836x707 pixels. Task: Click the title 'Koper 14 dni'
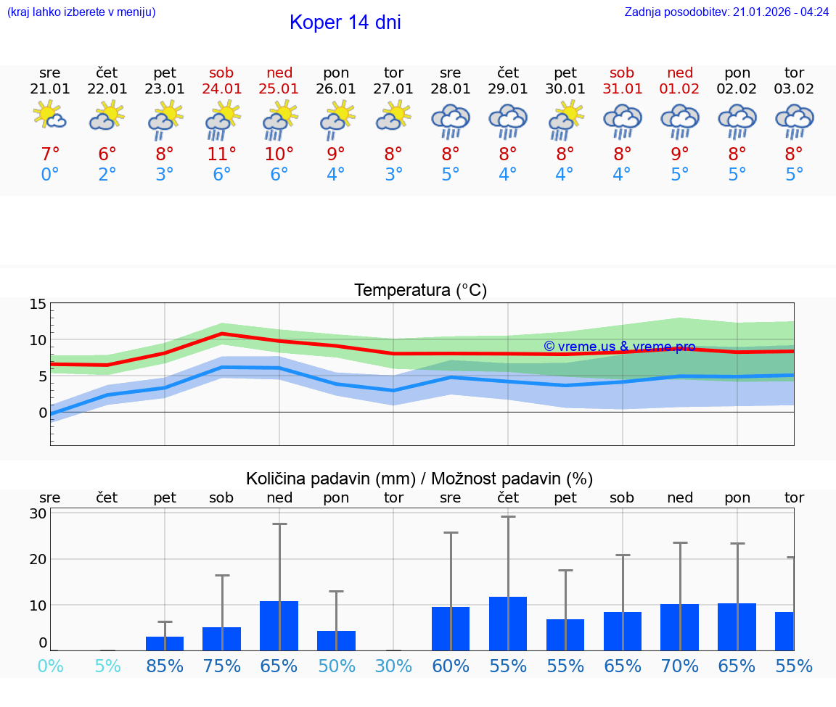coord(345,22)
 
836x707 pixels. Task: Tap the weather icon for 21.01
coord(50,117)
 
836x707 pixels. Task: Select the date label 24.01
coord(221,89)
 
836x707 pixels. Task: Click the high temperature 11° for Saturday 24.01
coord(221,154)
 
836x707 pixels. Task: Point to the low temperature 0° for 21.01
coord(50,175)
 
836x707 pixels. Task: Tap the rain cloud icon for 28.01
coord(451,120)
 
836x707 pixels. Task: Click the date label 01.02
coord(680,89)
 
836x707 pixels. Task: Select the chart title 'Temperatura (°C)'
coord(420,291)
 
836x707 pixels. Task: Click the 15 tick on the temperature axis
coord(38,305)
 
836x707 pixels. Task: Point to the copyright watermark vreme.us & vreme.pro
coord(619,347)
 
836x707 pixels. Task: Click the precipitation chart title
coord(419,479)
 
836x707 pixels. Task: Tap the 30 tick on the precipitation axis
coord(38,513)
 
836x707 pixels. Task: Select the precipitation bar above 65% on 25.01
coord(279,626)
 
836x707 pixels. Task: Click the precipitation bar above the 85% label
coord(165,643)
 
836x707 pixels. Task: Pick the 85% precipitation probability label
coord(165,666)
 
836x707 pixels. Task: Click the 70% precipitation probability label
coord(680,666)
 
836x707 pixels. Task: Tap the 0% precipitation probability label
coord(50,666)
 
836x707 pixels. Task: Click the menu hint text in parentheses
coord(81,12)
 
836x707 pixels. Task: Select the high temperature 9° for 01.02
coord(680,154)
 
